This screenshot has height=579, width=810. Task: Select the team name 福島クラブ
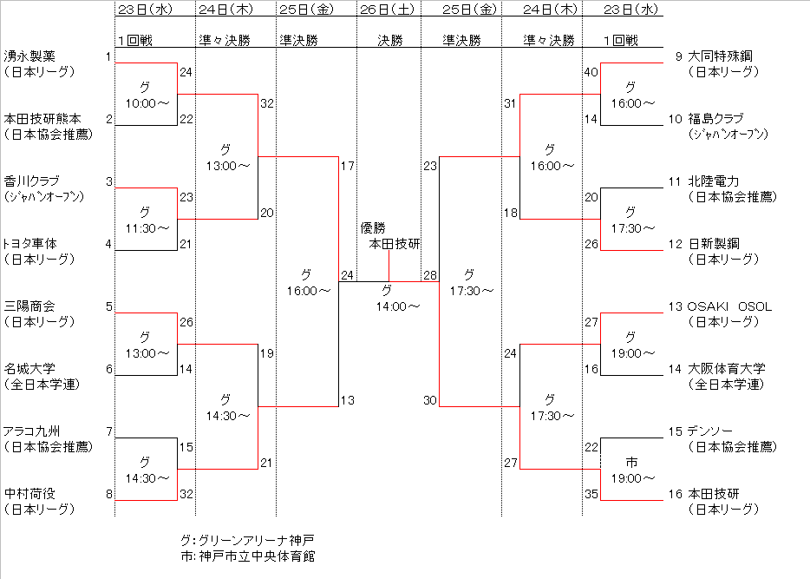point(715,119)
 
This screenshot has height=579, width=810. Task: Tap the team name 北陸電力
point(714,181)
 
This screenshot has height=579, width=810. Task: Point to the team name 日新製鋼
point(714,244)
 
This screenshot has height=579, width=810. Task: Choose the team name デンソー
point(709,431)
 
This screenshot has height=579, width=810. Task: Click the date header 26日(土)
point(389,10)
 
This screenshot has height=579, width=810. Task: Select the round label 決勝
point(389,40)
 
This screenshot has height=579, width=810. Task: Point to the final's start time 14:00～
point(398,306)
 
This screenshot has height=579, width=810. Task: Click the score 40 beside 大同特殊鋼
point(591,72)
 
